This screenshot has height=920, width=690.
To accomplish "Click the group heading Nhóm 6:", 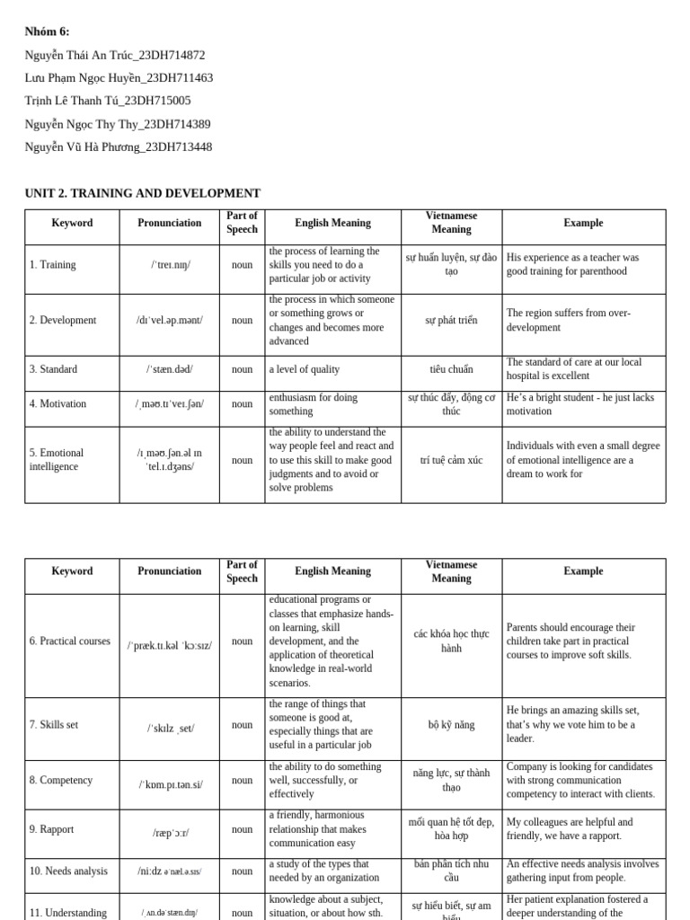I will (x=47, y=31).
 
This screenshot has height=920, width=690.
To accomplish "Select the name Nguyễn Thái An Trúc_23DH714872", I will (x=115, y=55).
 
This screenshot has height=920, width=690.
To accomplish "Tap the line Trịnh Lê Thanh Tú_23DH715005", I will (x=108, y=101).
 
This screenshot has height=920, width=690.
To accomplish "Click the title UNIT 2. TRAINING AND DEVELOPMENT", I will (x=143, y=193).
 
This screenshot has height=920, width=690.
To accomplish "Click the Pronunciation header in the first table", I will (x=170, y=223).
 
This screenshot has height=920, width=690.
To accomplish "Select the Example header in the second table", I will (x=583, y=571).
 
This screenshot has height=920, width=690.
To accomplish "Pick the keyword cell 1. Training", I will (x=53, y=265).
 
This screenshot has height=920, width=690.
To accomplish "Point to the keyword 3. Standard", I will (x=53, y=369).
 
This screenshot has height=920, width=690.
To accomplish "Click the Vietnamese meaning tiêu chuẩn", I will (x=451, y=369).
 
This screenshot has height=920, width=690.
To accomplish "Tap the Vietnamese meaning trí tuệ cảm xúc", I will (x=451, y=460).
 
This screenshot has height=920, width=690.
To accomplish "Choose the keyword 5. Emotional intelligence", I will (x=57, y=460).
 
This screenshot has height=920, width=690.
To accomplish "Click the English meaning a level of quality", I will (x=305, y=369).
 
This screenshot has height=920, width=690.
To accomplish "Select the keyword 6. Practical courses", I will (x=70, y=641).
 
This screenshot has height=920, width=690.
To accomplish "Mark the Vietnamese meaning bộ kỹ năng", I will (x=451, y=725).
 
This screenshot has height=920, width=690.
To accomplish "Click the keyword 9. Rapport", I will (x=52, y=829).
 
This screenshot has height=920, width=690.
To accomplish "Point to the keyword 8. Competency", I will (x=60, y=781).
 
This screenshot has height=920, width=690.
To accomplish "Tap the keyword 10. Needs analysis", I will (x=68, y=871).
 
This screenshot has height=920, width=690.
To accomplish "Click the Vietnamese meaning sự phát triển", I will (x=451, y=321).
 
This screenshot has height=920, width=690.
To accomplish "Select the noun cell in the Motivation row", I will (x=242, y=404).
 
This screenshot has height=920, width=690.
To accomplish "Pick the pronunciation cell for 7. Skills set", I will (x=170, y=729).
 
